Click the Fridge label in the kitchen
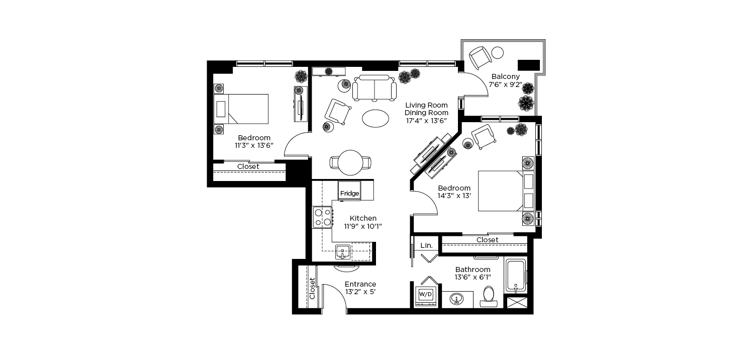tap(349, 193)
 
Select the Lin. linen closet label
tap(426, 245)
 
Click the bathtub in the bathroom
tap(515, 276)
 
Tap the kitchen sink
tap(343, 252)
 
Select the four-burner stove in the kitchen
tap(323, 217)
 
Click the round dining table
tap(350, 163)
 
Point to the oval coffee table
tap(375, 119)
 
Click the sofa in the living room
tap(374, 87)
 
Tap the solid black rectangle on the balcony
tap(528, 65)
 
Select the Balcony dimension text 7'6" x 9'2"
tap(505, 84)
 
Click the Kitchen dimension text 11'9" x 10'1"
tap(363, 226)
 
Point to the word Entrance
tap(360, 284)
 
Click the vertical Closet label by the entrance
tap(312, 288)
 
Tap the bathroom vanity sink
tap(456, 299)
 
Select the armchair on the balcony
tap(480, 58)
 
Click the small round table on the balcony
tap(498, 53)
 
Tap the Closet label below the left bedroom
tap(248, 167)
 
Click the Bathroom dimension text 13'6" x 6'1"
tap(473, 278)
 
